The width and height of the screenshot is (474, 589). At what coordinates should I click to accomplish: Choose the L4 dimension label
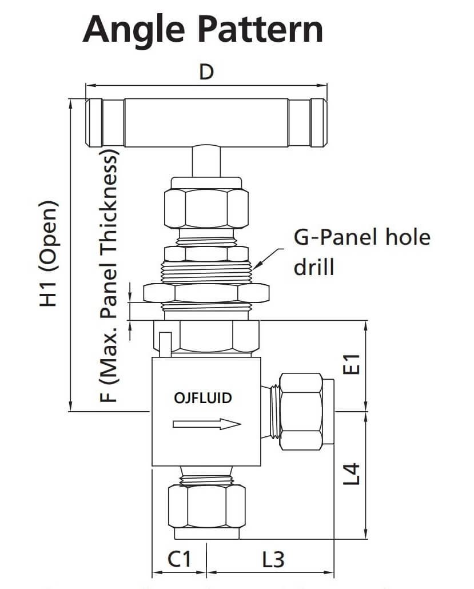click(354, 474)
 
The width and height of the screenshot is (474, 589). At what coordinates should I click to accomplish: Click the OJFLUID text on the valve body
click(202, 397)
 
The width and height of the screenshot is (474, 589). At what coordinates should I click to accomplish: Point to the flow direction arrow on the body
click(206, 424)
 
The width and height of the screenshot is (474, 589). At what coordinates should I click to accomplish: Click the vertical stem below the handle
click(206, 160)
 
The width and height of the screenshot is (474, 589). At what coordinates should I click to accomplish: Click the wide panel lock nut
click(206, 293)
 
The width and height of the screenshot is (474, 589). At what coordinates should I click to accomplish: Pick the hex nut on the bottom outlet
click(206, 506)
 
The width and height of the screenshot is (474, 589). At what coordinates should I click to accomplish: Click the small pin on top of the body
click(165, 344)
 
